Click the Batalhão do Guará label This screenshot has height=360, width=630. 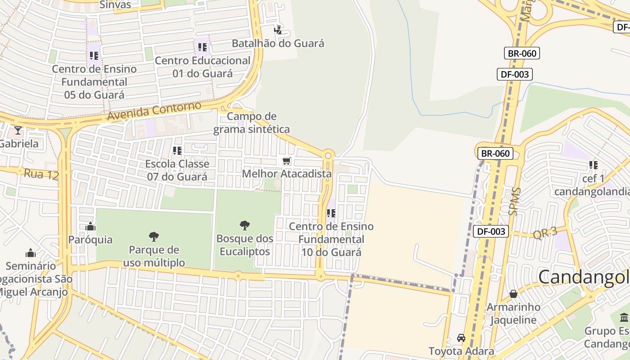pos(278,43)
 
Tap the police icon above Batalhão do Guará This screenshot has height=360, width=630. pos(278,30)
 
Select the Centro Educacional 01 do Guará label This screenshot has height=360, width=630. pos(202,67)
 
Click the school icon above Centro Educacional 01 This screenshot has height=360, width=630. pos(202,47)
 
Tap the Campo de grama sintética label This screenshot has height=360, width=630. pos(252,123)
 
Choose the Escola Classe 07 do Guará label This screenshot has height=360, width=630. pos(177,170)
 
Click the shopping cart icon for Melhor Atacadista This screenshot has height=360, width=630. pos(286,161)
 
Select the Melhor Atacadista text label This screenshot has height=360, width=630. pos(287,174)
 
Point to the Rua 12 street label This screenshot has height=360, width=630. pos(41,174)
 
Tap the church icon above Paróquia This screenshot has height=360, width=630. pos(90,226)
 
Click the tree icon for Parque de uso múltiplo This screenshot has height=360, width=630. pos(154,236)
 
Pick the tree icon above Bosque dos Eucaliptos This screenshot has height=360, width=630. pos(245,225)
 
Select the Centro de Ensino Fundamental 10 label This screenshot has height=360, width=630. pos(331,239)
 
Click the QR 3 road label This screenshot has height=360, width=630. pos(545,234)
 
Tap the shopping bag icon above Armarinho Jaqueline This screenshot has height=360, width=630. pos(513,294)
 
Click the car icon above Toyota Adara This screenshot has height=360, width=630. pos(461,338)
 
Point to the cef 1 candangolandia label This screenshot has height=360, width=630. pos(593,185)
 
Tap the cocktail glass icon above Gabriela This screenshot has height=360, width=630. pos(18,130)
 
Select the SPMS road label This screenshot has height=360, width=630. pos(514,201)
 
